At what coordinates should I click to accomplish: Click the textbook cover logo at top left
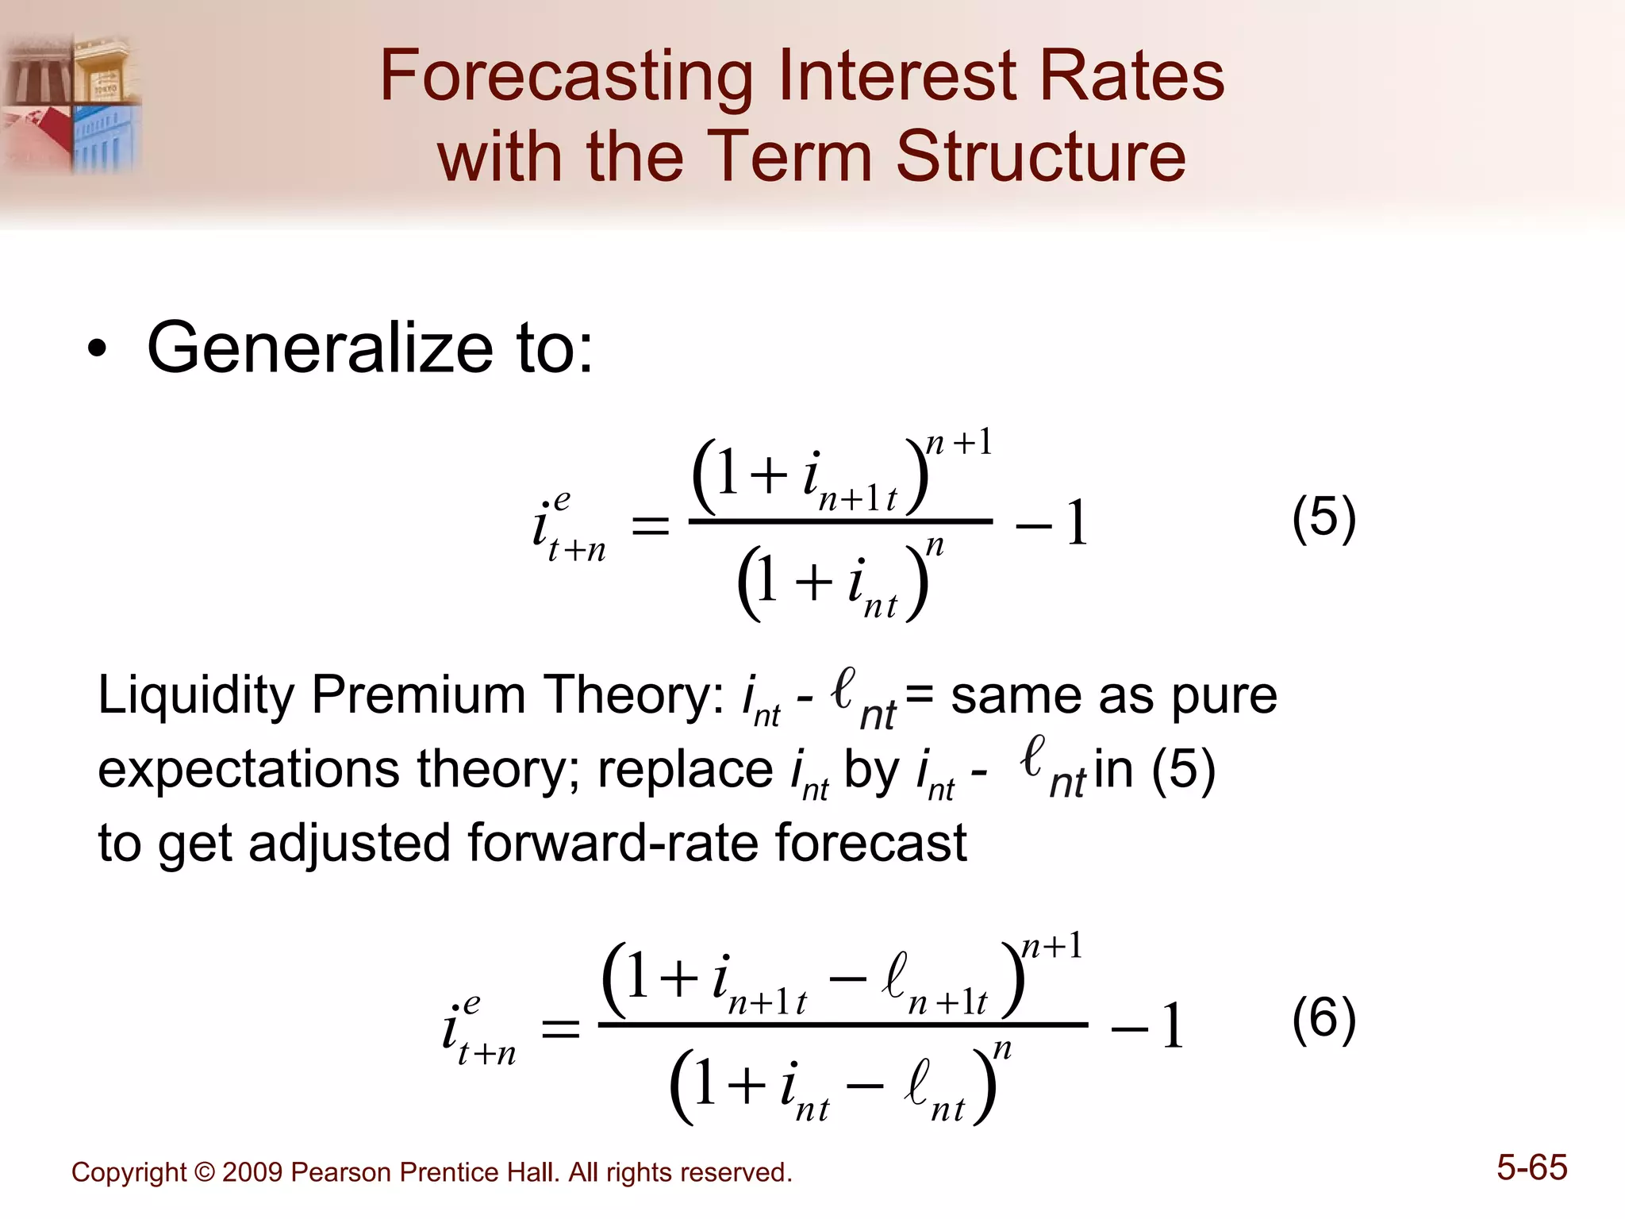pyautogui.click(x=71, y=103)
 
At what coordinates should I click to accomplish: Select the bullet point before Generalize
pyautogui.click(x=97, y=351)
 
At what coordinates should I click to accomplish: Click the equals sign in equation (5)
pyautogui.click(x=650, y=525)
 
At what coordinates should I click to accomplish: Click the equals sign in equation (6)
pyautogui.click(x=560, y=1029)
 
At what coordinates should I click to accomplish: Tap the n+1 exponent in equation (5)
pyautogui.click(x=959, y=443)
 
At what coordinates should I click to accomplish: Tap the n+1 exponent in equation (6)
pyautogui.click(x=1051, y=946)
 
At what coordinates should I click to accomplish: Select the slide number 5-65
pyautogui.click(x=1531, y=1168)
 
